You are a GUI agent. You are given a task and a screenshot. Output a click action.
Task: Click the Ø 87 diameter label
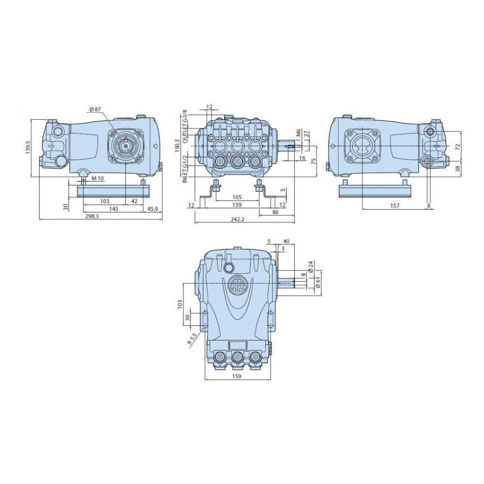pos(95,109)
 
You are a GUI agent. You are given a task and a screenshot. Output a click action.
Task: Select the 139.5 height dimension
pos(28,148)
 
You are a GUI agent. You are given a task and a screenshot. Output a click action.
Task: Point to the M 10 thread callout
pos(98,179)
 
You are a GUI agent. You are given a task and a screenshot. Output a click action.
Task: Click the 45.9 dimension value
pos(152,209)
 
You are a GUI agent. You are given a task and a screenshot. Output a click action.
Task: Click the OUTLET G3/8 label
pos(185,126)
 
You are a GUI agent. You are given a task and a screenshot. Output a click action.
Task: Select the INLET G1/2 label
pos(185,168)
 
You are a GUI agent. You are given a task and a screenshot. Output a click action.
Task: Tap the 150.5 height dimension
pos(177,145)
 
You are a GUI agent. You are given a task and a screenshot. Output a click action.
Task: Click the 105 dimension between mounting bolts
pos(237,197)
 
